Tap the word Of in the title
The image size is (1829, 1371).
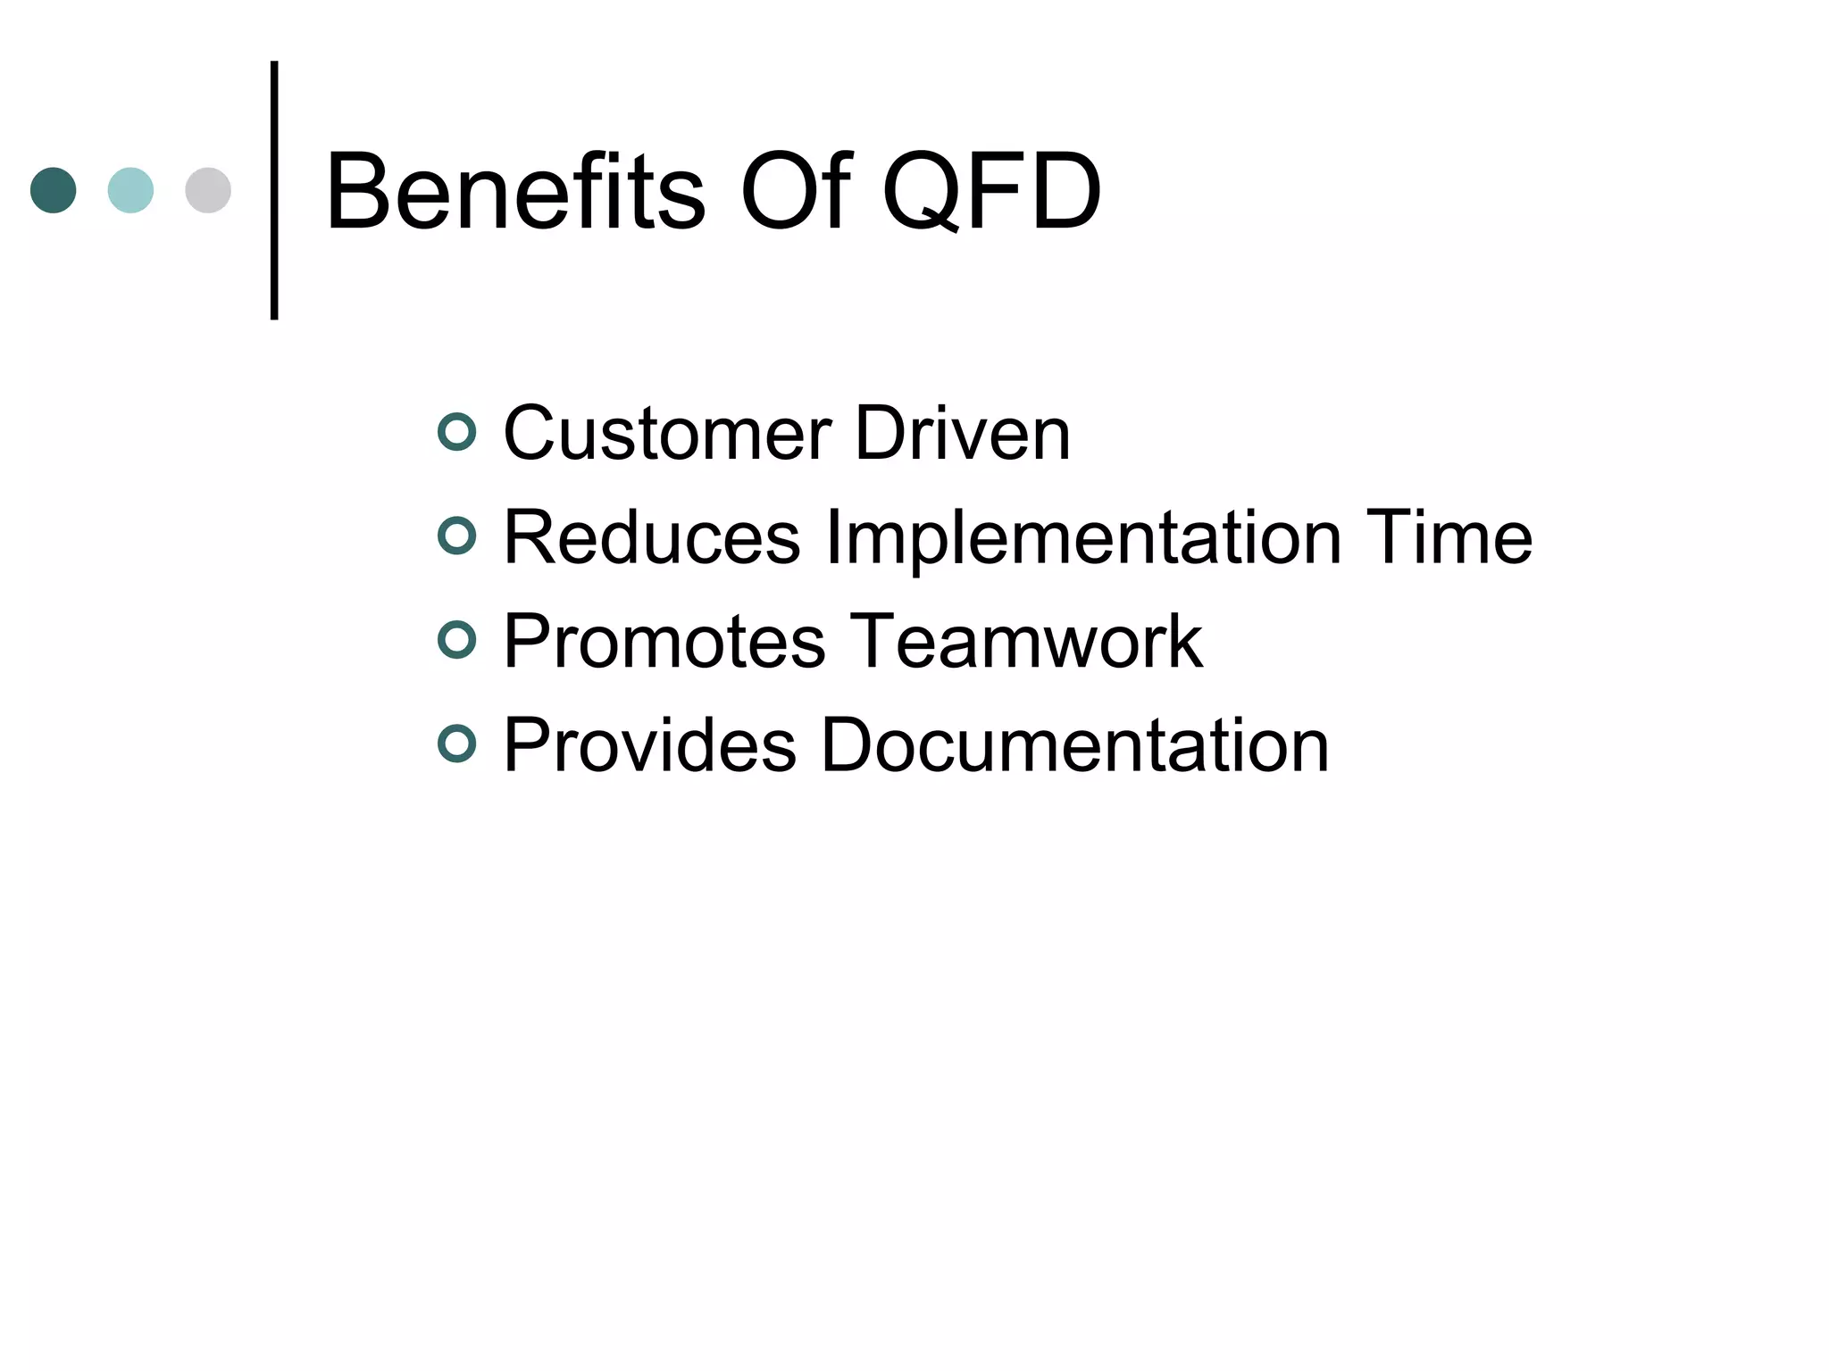796,192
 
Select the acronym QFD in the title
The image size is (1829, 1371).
991,192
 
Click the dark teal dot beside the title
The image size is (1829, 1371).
54,190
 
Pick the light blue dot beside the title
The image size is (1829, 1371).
130,190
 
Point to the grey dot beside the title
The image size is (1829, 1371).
208,190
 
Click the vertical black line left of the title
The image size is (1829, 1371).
274,190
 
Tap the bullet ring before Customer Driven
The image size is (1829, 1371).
457,432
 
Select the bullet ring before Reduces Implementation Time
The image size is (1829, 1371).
457,536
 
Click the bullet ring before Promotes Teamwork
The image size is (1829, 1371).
457,640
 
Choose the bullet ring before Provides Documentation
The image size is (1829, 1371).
457,744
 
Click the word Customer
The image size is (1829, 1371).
667,434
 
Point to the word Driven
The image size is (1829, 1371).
963,434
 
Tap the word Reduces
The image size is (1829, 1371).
652,538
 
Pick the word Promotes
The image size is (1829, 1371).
664,642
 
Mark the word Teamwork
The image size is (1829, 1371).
1026,642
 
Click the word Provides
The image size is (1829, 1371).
649,746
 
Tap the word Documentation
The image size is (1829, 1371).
1074,746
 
